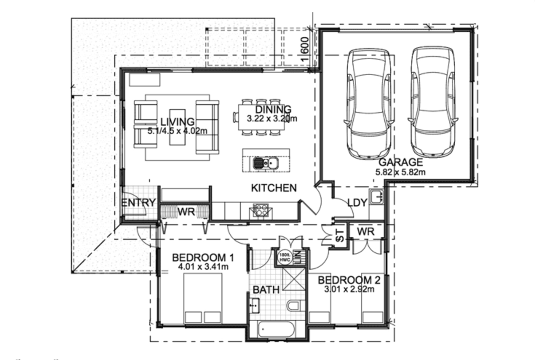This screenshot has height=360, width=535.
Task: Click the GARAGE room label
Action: [401, 162]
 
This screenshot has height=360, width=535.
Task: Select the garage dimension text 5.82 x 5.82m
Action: [400, 172]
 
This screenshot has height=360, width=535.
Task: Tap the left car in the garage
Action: [368, 104]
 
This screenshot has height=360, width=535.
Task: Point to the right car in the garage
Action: [433, 102]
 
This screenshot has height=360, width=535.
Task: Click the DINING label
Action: [273, 109]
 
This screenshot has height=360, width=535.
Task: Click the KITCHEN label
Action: [274, 188]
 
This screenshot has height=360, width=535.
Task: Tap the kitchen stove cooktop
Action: [261, 211]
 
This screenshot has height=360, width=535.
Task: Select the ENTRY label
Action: [138, 203]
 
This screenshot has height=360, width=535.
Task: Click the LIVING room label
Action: [177, 122]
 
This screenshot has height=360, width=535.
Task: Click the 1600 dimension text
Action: [305, 49]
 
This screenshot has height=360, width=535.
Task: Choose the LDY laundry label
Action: [357, 203]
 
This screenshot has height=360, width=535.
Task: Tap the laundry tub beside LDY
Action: [376, 197]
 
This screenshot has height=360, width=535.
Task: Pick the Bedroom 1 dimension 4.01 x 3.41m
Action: [203, 267]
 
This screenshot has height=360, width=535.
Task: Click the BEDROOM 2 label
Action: [349, 280]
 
